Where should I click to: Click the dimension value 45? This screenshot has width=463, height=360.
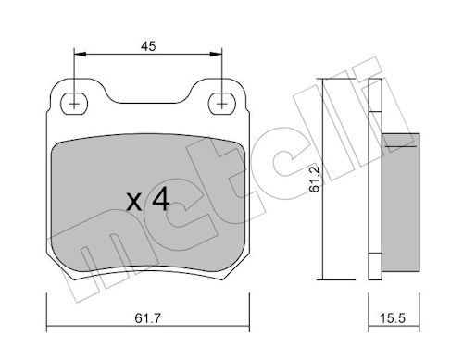148,46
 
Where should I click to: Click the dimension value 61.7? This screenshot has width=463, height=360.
148,318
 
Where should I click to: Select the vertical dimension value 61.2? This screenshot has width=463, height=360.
315,180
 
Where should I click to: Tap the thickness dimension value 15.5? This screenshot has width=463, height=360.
393,318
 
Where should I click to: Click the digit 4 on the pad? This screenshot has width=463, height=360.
161,199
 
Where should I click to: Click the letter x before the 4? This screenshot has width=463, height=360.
134,203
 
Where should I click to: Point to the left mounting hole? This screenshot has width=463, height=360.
74,104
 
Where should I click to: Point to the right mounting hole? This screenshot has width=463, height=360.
222,104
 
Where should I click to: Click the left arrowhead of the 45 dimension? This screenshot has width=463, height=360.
80,55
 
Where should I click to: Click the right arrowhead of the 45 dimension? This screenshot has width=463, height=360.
216,55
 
